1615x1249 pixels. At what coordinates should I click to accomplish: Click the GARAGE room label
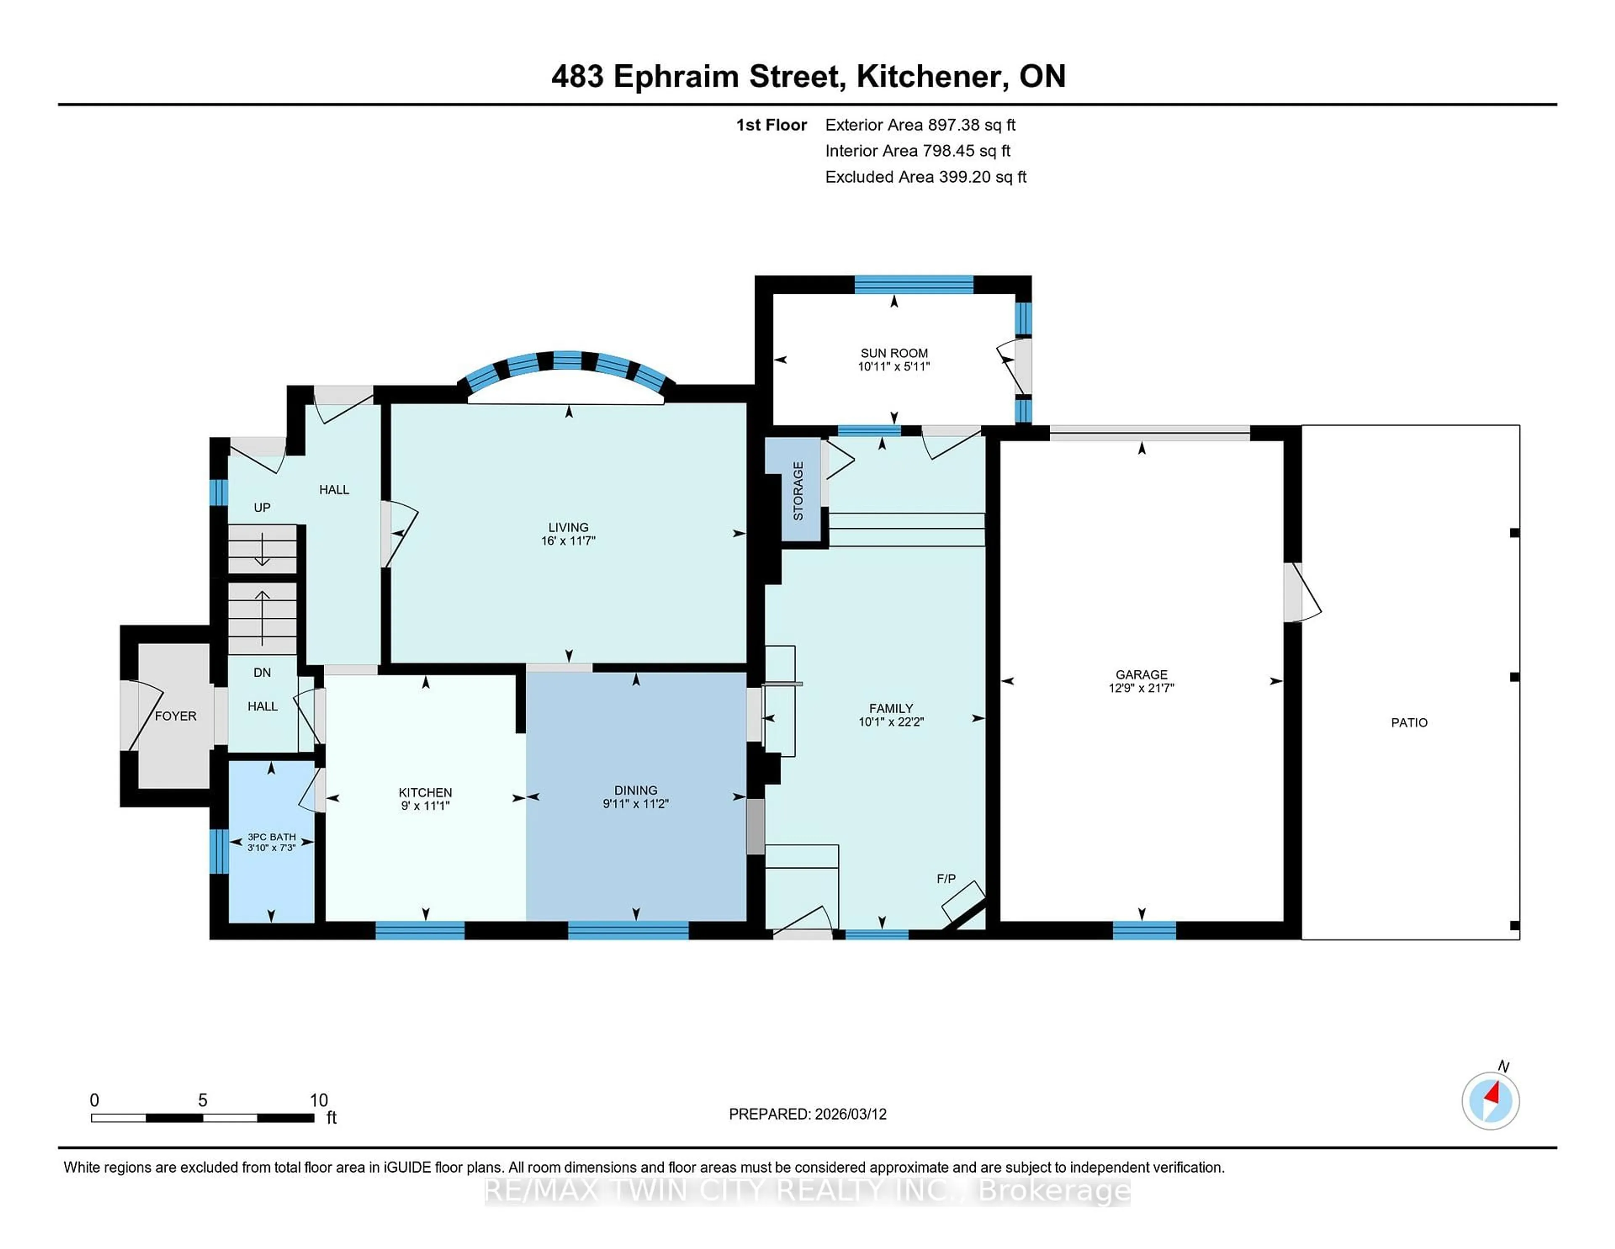[x=1141, y=674]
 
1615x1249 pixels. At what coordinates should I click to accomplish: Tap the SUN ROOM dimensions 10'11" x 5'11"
[x=893, y=366]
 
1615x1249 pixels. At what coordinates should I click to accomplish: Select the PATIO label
[x=1408, y=722]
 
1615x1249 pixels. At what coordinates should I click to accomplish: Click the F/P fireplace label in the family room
[x=946, y=878]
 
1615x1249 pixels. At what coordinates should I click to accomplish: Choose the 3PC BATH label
[x=271, y=837]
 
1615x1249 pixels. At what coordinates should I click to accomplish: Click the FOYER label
[x=175, y=715]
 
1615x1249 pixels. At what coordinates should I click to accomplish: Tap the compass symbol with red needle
[x=1490, y=1100]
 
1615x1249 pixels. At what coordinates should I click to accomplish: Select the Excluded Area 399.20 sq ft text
[x=925, y=177]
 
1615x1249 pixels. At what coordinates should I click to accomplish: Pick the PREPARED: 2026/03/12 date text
[x=807, y=1113]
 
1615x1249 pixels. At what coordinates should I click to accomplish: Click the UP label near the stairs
[x=262, y=508]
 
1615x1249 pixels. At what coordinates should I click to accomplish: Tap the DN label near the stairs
[x=262, y=672]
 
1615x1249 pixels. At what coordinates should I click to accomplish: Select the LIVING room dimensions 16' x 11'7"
[x=568, y=541]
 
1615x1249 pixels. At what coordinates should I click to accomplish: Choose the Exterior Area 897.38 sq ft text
[x=920, y=125]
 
